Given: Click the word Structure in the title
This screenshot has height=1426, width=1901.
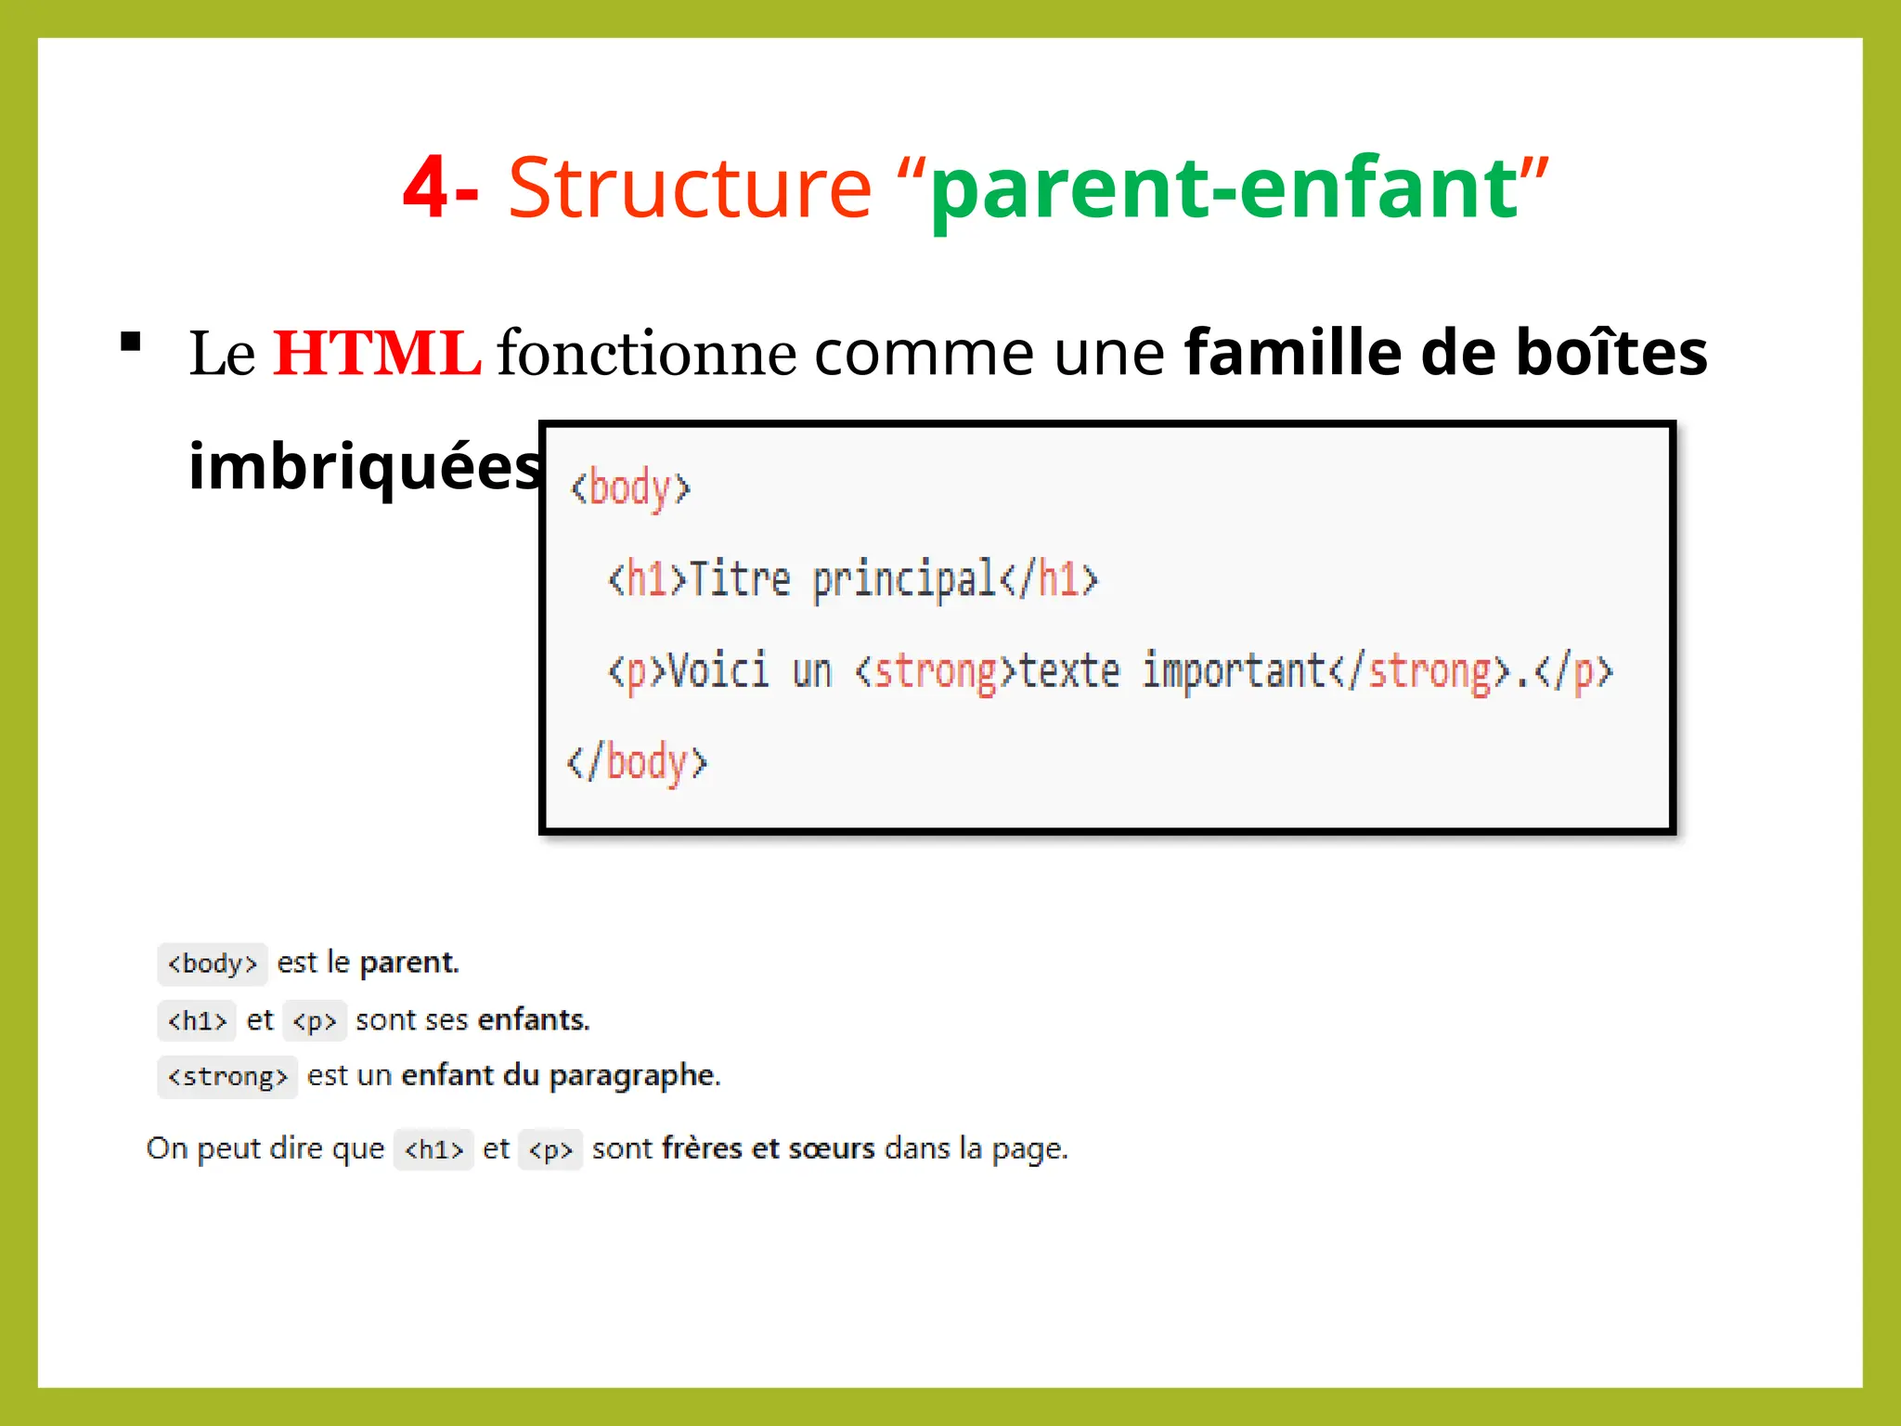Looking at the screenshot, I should pos(690,188).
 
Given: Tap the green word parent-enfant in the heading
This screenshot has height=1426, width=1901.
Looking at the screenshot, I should pos(1223,189).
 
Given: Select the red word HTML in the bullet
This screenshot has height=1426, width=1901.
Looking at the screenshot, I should pos(376,354).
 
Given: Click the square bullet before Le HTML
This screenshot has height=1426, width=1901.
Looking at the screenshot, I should pos(131,342).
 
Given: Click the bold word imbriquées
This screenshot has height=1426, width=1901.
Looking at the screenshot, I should pos(364,466).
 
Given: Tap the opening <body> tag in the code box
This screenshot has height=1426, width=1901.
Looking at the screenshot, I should pos(630,488).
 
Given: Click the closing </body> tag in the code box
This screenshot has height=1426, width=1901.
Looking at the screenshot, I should pos(637,763).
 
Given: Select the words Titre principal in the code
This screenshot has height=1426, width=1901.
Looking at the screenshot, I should pos(842,579).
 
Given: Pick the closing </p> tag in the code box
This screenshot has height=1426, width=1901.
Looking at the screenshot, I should pos(1573,671).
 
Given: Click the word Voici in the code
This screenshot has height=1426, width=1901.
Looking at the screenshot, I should pos(718,671).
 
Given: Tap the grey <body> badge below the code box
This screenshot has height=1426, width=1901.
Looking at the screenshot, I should pos(212,964).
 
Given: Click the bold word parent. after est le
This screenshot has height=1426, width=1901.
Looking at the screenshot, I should pos(409,963).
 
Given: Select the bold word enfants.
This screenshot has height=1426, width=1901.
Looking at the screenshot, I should pos(534,1019).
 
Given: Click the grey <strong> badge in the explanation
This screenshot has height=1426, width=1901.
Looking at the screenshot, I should pos(227,1077).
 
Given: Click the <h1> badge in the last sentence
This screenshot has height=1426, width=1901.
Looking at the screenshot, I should pos(433,1149).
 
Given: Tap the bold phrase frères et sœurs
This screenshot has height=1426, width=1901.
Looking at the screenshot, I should pos(768,1148).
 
